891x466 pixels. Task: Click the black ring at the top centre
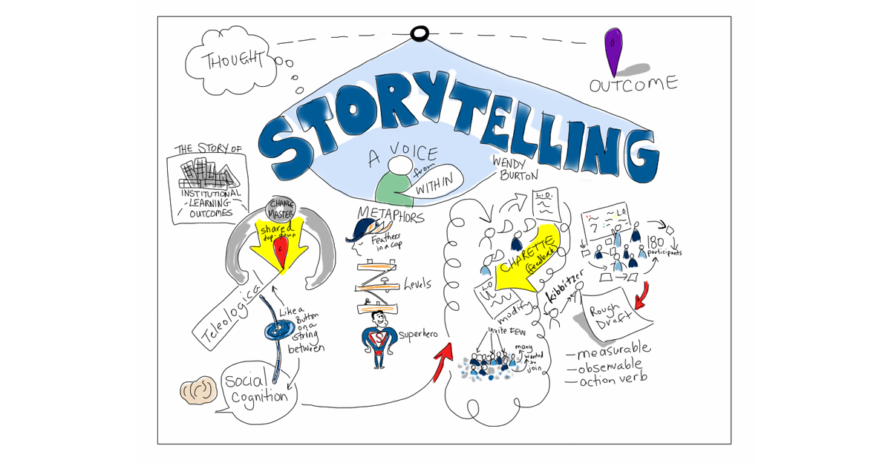[420, 33]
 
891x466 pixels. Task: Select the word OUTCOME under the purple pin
[633, 84]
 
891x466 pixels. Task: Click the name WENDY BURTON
[515, 169]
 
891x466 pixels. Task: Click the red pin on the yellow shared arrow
[281, 251]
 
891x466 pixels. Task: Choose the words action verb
[613, 378]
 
